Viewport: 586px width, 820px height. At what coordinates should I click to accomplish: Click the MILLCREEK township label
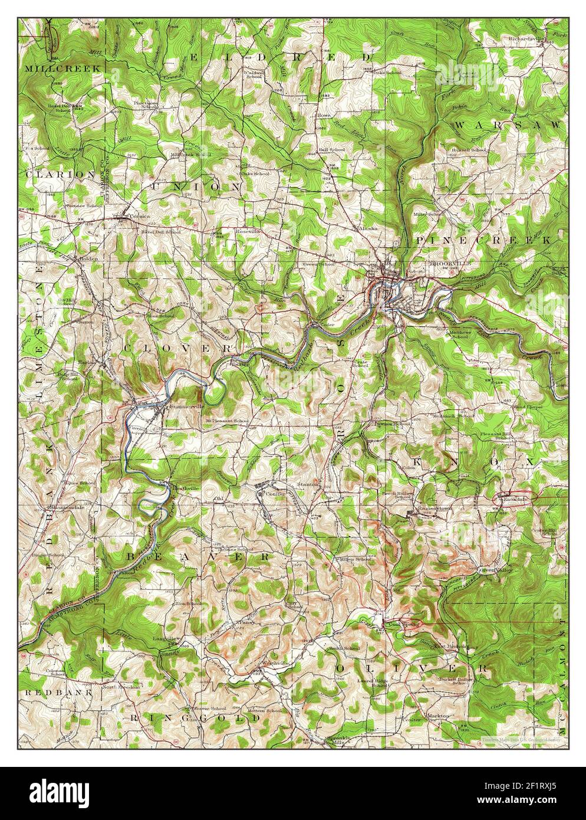[x=60, y=68]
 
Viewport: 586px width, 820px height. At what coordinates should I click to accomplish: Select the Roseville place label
[x=248, y=232]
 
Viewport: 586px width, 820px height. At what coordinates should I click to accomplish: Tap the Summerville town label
[x=186, y=407]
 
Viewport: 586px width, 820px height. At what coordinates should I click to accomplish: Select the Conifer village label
[x=275, y=493]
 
